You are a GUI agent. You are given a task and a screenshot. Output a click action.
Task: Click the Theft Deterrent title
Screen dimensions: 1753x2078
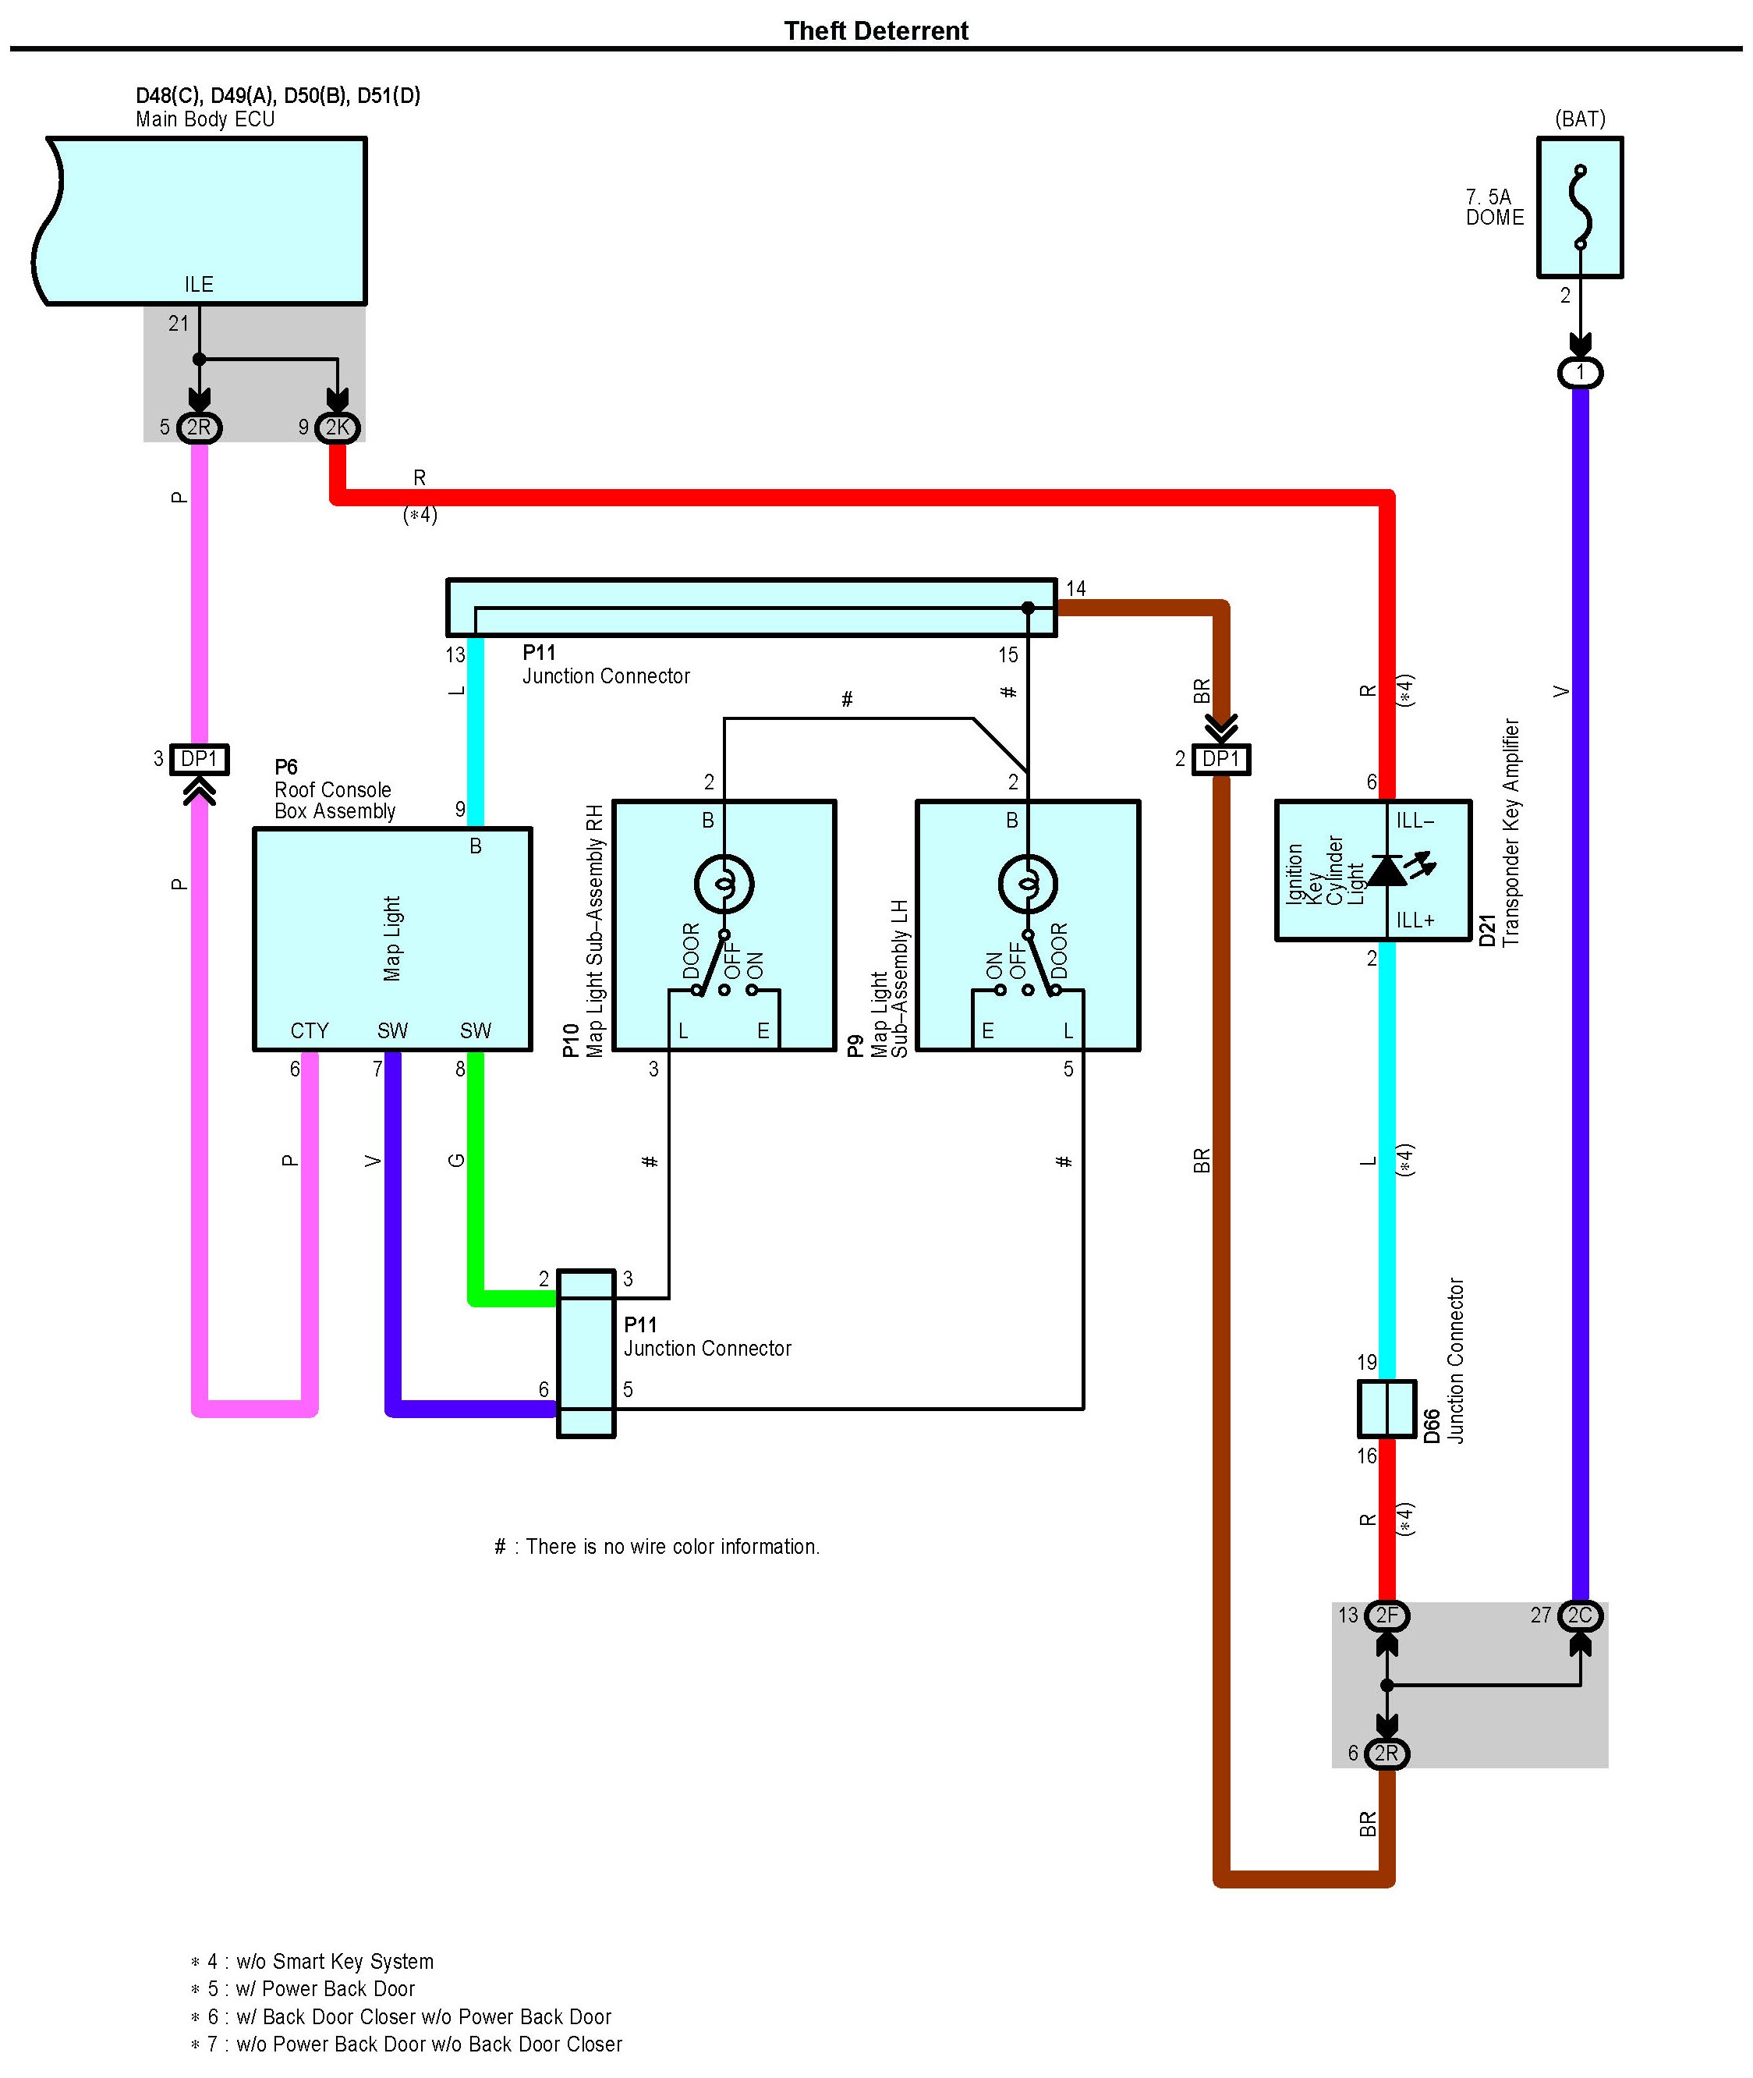(x=876, y=30)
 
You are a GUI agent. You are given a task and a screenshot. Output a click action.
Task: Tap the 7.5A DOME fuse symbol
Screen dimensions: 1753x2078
(x=1580, y=207)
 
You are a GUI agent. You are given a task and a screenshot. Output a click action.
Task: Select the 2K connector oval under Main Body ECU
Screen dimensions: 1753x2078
(x=338, y=427)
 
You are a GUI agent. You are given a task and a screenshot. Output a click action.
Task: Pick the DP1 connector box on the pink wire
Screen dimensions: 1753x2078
(x=200, y=759)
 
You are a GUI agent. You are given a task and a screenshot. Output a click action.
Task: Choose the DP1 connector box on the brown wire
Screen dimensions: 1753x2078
(x=1221, y=759)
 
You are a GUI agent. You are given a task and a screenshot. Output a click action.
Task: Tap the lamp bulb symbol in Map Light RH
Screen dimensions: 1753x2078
(x=724, y=882)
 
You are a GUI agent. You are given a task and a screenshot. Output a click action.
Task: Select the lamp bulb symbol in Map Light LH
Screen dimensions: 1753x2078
(x=1028, y=882)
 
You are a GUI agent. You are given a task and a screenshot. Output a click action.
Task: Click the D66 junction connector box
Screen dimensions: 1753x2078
(x=1387, y=1408)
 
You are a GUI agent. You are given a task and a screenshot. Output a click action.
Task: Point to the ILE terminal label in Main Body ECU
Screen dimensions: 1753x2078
(x=199, y=284)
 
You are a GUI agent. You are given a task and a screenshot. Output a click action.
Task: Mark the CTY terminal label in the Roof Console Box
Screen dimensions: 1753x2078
(x=309, y=1030)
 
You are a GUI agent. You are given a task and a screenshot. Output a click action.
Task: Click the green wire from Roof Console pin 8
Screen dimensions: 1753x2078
(x=476, y=1176)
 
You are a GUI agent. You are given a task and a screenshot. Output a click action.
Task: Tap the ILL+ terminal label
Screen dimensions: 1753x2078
(x=1415, y=920)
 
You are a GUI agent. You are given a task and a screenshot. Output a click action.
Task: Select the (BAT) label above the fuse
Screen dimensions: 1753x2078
(x=1580, y=119)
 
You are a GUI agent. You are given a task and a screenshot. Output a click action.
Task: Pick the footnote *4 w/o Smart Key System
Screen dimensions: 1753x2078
(x=312, y=1962)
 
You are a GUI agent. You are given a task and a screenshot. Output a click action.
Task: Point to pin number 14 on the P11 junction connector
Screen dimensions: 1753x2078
(x=1075, y=588)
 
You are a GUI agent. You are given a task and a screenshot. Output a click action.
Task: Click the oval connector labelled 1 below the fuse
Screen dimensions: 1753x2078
(x=1580, y=373)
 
